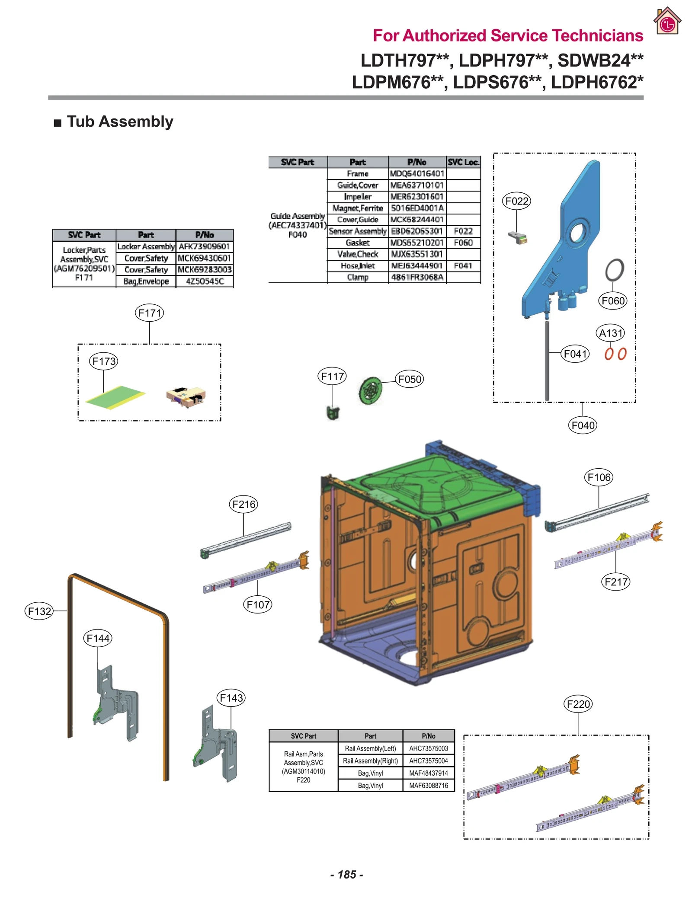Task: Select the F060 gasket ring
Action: [614, 270]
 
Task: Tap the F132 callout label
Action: [39, 611]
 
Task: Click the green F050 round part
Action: [371, 390]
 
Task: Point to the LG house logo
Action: [667, 22]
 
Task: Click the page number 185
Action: [346, 874]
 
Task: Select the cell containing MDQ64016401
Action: [417, 173]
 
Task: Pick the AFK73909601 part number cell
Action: [204, 246]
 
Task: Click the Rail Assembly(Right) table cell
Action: [370, 760]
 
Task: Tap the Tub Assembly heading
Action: [120, 121]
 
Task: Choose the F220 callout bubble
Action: [578, 704]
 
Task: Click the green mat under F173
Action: [115, 397]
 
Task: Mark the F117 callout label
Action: [332, 376]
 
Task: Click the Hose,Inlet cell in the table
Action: [357, 265]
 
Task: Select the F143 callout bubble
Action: [231, 698]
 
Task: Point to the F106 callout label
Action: [599, 477]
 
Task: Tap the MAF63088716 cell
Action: [428, 785]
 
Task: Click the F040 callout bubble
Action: [583, 425]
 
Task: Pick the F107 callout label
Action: [258, 604]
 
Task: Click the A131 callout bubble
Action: [611, 333]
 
